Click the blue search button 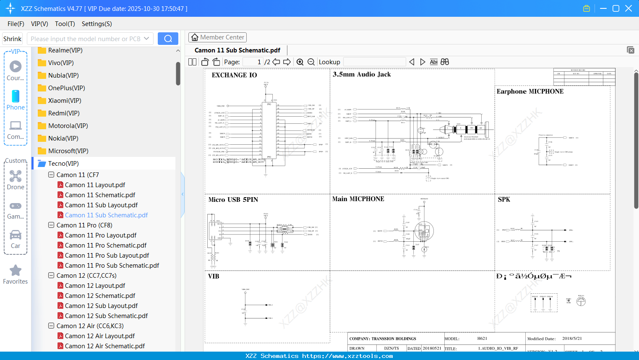click(168, 39)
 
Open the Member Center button click(217, 37)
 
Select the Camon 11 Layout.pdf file click(95, 185)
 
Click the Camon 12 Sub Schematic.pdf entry click(106, 316)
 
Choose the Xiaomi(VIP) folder click(65, 101)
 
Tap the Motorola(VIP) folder click(68, 126)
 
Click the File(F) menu click(16, 24)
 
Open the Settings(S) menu click(97, 24)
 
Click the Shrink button click(13, 39)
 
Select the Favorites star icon click(16, 271)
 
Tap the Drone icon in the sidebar click(16, 176)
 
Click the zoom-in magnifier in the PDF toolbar click(300, 62)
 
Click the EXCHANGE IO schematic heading click(234, 75)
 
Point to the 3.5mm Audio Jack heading click(362, 74)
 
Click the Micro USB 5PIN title click(233, 200)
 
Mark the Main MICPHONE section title click(358, 199)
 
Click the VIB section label click(214, 276)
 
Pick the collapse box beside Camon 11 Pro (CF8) click(51, 225)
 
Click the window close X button click(629, 8)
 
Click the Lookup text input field click(374, 62)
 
